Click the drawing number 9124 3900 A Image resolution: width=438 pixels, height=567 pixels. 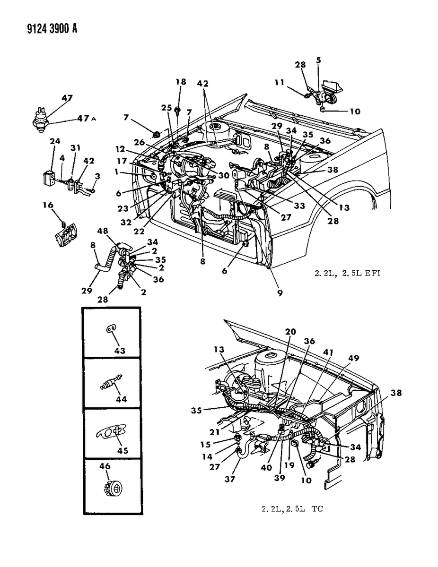click(52, 28)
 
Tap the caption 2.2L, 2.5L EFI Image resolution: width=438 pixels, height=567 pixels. click(347, 273)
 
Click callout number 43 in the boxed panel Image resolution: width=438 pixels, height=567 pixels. click(120, 351)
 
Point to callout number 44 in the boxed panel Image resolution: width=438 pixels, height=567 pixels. click(122, 399)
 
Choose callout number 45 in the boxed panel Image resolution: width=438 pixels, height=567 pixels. click(123, 450)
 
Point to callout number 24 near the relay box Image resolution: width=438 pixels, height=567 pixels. click(55, 141)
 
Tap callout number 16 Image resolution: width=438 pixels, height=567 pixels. click(48, 205)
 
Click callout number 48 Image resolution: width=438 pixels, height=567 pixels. click(103, 231)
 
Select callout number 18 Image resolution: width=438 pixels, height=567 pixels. click(181, 82)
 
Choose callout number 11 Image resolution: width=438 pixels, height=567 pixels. click(279, 83)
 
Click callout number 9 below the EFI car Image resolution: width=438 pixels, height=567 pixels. click(280, 293)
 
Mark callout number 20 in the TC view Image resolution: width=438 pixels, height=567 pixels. click(290, 332)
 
